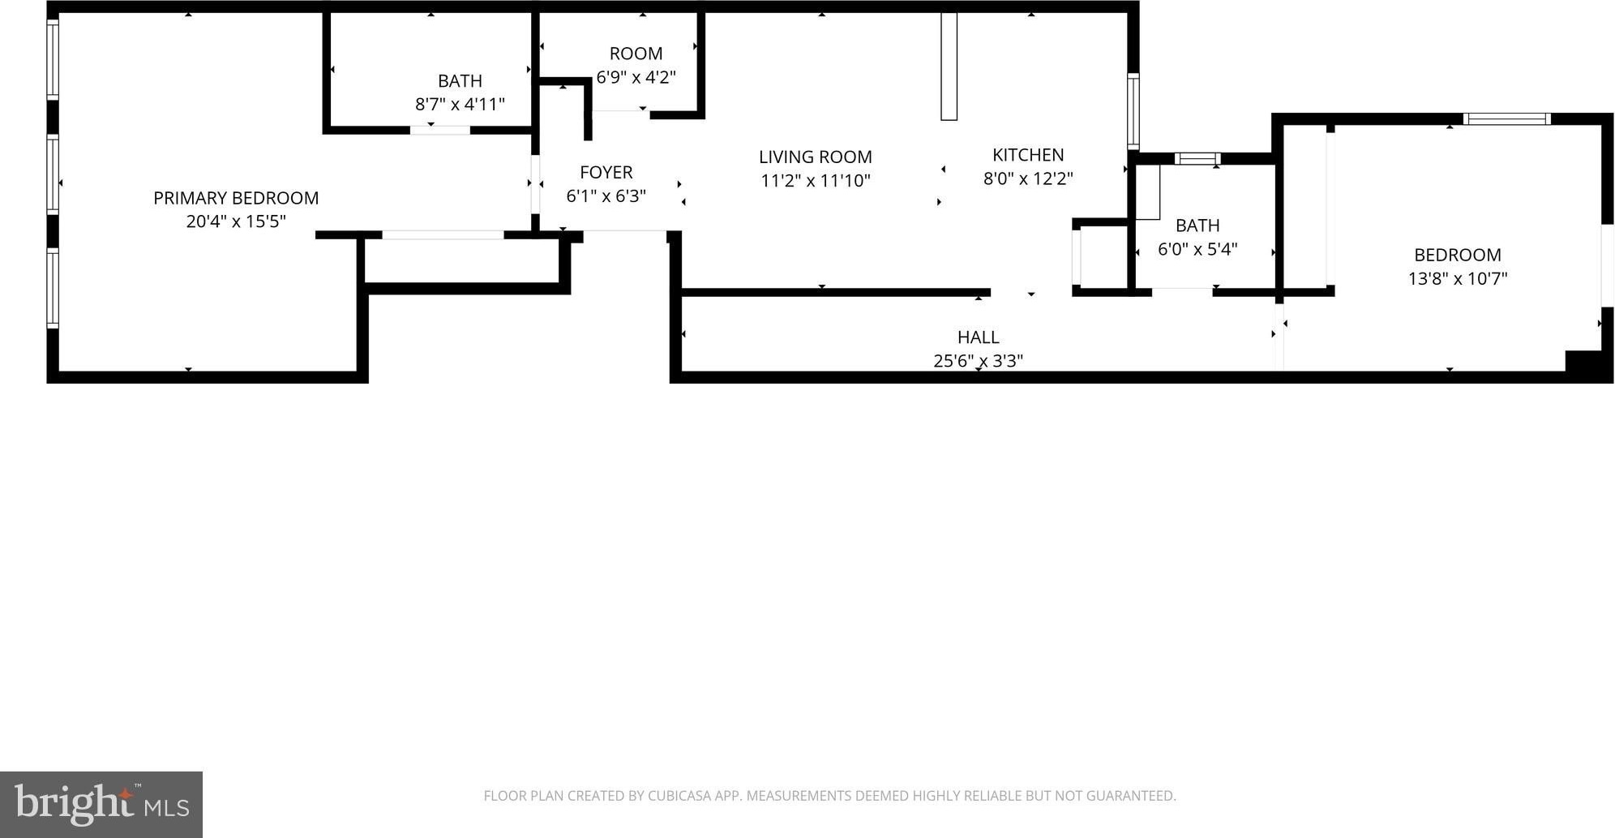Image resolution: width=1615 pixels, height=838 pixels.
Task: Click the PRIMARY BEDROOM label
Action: tap(236, 198)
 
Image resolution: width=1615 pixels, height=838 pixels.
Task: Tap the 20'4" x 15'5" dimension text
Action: tap(236, 221)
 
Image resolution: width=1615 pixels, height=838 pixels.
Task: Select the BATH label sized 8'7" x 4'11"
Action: tap(460, 81)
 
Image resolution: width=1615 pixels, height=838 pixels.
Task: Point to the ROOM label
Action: tap(636, 54)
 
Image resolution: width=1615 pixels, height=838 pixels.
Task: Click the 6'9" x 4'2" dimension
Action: tap(636, 77)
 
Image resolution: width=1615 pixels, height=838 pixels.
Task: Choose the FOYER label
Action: tap(606, 172)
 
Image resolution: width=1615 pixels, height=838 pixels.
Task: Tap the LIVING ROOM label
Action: tap(815, 157)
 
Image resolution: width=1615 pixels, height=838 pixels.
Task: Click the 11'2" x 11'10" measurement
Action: tap(815, 180)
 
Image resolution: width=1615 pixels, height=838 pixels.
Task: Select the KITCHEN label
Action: tap(1028, 154)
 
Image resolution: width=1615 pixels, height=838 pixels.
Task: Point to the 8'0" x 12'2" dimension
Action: tap(1028, 178)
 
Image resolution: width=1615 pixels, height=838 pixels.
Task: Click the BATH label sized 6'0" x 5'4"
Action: tap(1197, 226)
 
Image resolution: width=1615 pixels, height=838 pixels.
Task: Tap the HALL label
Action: tap(978, 337)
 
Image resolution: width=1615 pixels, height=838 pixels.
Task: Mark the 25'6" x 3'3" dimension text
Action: tap(978, 360)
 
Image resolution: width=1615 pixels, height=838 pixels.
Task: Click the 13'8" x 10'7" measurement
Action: tap(1457, 278)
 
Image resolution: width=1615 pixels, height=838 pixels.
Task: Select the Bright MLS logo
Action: tap(101, 804)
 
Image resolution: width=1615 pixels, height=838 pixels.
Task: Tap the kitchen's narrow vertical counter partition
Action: tap(949, 66)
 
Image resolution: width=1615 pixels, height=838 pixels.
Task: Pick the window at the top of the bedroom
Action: tap(1507, 118)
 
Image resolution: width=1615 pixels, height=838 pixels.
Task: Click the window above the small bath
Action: tap(1197, 158)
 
